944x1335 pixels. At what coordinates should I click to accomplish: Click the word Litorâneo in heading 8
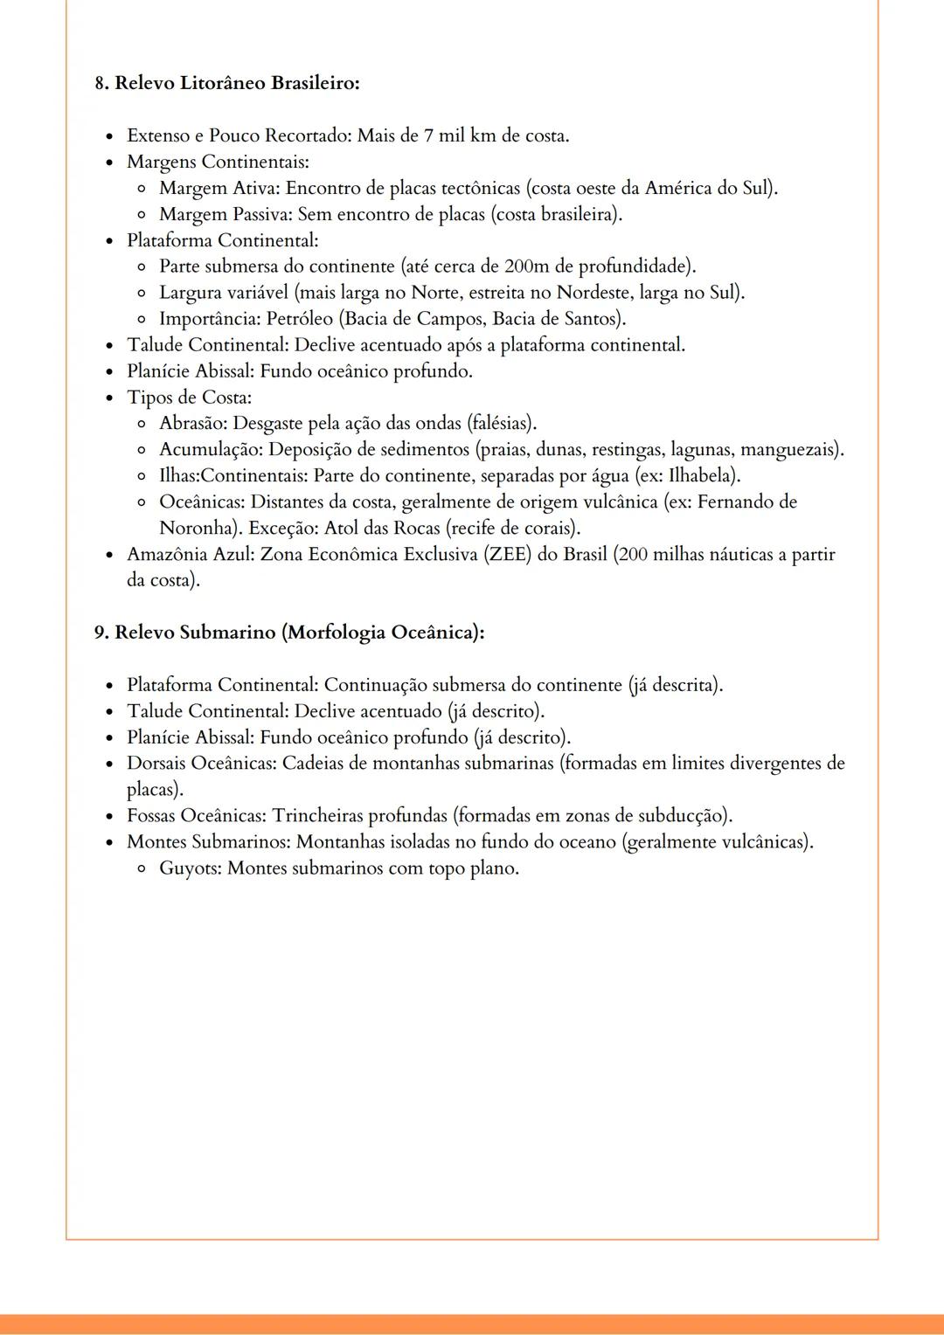click(x=223, y=83)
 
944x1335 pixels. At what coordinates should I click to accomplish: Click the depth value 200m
click(x=525, y=266)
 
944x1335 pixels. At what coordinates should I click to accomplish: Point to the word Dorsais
click(x=156, y=764)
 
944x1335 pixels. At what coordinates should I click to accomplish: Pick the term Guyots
click(x=188, y=868)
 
